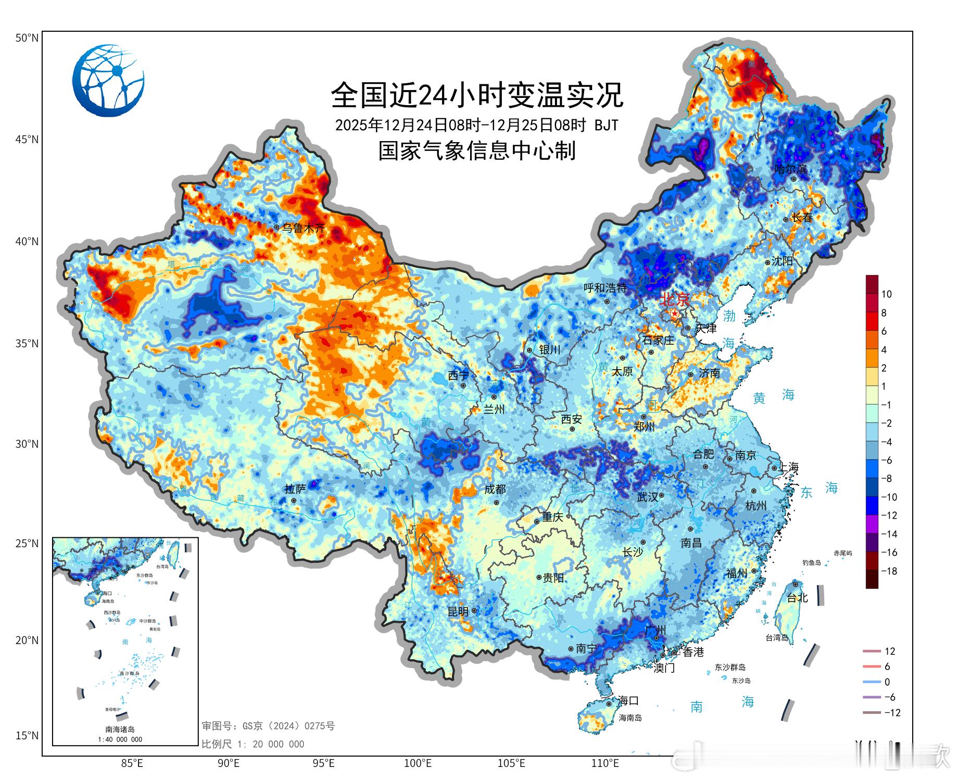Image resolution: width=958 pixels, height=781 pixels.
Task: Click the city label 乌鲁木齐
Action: pos(304,228)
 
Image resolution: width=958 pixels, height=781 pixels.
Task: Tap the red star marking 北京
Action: pos(675,313)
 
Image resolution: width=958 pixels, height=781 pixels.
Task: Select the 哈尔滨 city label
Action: pos(790,169)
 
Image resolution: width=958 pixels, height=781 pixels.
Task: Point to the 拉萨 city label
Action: pos(295,489)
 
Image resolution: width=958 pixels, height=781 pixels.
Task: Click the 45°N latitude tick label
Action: pos(27,140)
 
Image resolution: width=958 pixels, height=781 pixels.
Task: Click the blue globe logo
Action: pos(108,80)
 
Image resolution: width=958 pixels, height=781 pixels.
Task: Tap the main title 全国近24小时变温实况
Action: pos(477,95)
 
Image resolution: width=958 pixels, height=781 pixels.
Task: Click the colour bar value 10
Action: pos(886,294)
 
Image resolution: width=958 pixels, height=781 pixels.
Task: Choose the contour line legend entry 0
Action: pos(887,682)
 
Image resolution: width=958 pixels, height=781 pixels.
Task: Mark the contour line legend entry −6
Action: pos(889,697)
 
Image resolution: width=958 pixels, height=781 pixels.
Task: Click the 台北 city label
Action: pos(797,598)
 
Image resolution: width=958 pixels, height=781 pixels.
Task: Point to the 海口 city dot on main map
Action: pos(609,704)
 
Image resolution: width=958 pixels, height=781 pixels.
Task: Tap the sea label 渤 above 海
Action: pos(729,316)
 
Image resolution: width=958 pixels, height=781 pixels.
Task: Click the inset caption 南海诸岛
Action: pos(120,729)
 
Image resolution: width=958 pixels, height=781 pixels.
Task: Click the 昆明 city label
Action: pos(458,612)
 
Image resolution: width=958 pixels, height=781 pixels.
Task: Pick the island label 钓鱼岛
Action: pos(811,563)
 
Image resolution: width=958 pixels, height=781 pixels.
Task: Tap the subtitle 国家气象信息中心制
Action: pos(477,151)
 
